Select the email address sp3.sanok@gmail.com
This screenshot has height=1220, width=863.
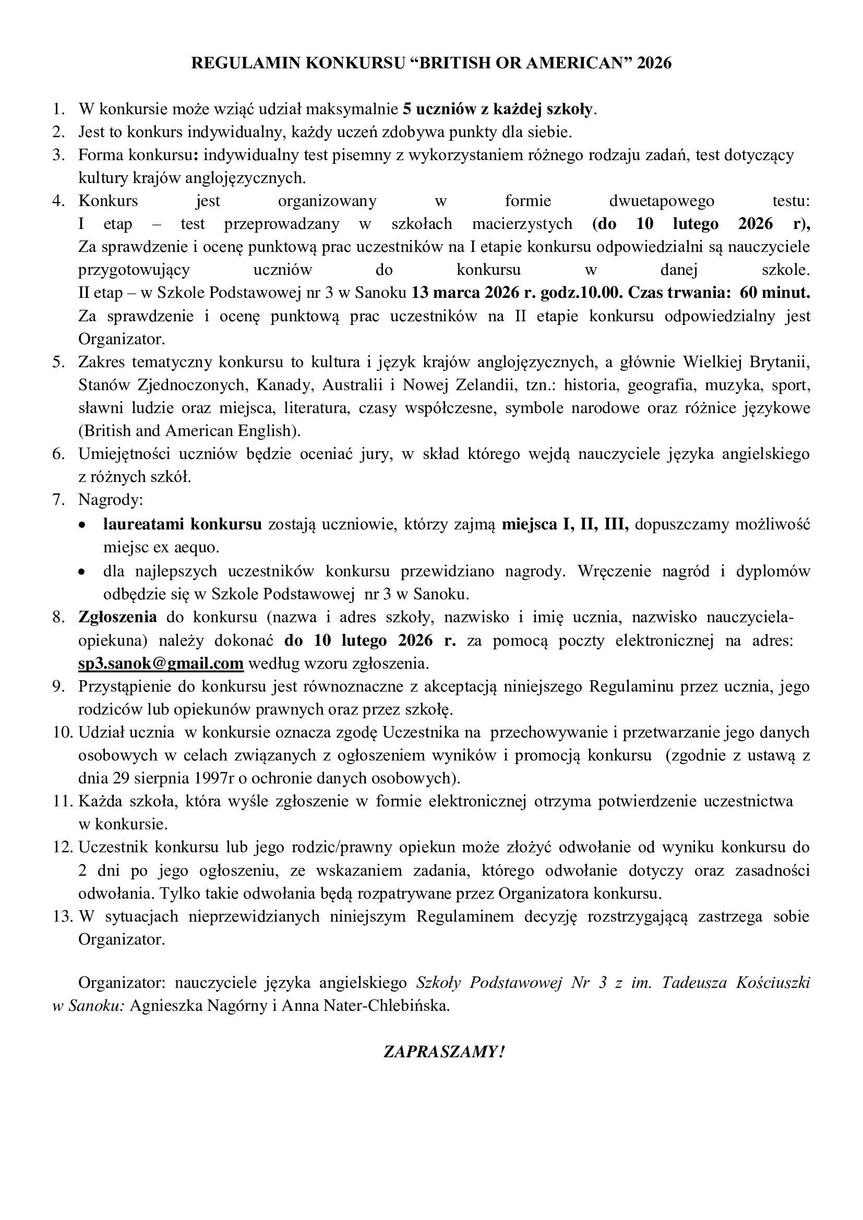[161, 663]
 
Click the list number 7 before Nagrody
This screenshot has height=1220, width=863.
[58, 500]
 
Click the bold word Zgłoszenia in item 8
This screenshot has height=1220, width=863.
[117, 618]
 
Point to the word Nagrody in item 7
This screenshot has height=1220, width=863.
[111, 500]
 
